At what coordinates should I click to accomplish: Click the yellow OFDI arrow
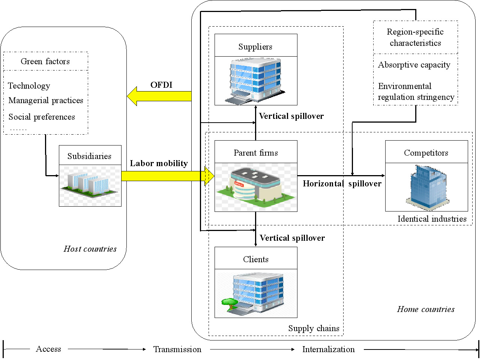(159, 96)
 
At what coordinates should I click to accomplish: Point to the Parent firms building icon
(255, 187)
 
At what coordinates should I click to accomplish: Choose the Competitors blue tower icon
(426, 187)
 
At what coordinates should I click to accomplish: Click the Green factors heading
(45, 61)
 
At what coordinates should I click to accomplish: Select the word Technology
(29, 86)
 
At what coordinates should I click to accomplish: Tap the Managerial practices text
(46, 100)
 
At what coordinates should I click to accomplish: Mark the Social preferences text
(42, 117)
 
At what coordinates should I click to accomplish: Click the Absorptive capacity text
(414, 65)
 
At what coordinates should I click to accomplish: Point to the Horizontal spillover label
(342, 184)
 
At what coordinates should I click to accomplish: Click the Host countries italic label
(90, 249)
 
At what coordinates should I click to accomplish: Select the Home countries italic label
(426, 309)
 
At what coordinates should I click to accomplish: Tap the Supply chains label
(314, 328)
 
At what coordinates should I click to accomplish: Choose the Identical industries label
(432, 219)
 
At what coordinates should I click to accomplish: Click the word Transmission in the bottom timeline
(177, 349)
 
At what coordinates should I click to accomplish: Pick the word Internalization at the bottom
(328, 349)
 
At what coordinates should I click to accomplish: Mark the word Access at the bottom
(48, 349)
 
